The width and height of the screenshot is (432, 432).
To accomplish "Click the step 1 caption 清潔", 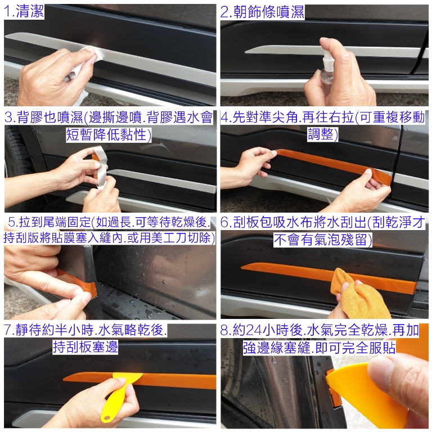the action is [30, 12].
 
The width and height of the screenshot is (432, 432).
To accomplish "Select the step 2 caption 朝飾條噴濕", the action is [268, 12].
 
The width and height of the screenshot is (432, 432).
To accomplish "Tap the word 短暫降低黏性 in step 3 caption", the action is [108, 135].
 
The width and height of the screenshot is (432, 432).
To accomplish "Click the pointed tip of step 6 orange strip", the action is [242, 267].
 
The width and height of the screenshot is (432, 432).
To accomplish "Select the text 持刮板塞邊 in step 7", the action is [85, 347].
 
